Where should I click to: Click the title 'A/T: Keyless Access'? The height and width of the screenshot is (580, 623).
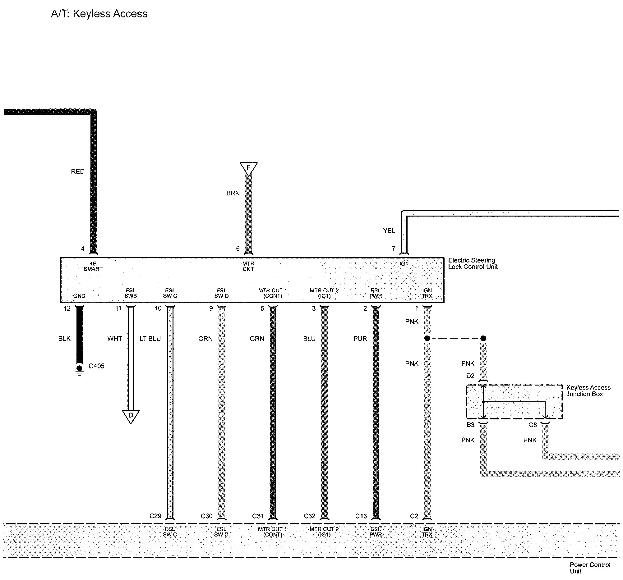pos(99,14)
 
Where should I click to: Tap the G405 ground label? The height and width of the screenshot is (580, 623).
pos(96,366)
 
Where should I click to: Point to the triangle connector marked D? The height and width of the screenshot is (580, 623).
pos(131,416)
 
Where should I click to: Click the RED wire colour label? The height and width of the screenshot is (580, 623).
pos(78,171)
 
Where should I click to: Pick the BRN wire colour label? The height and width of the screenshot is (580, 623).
pos(233,193)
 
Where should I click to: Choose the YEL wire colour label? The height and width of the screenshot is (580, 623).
pos(389,231)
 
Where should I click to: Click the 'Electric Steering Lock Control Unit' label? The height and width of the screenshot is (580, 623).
pos(472,263)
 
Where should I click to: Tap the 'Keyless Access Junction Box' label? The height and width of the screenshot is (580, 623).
pos(588,390)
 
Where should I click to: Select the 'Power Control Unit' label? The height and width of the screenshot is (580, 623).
pos(590,568)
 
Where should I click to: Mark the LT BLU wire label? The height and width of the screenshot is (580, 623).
pos(150,339)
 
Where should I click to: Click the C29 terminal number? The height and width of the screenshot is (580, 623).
pos(155,516)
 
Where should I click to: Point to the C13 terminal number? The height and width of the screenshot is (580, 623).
pos(361,516)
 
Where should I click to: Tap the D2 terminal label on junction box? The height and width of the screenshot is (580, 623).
pos(470,376)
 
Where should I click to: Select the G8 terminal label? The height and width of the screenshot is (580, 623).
pos(533,425)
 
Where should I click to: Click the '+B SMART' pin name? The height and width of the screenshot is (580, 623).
pos(93,266)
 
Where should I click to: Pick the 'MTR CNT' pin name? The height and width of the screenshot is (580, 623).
pos(248,266)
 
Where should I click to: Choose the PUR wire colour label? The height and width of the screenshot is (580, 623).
pos(360,339)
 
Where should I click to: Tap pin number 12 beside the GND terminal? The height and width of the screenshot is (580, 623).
pos(67,308)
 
